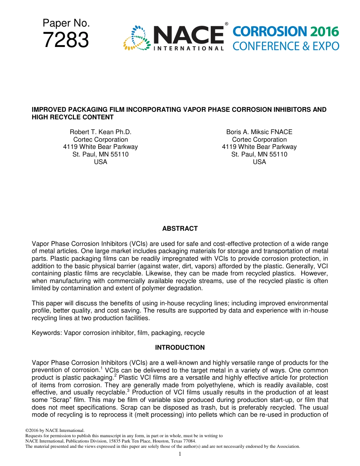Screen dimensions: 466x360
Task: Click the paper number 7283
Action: pyautogui.click(x=66, y=40)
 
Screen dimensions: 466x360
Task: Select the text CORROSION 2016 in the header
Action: pyautogui.click(x=286, y=32)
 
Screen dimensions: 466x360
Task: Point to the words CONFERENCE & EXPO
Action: pyautogui.click(x=286, y=46)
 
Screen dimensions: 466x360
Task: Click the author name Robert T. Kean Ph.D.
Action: pyautogui.click(x=100, y=132)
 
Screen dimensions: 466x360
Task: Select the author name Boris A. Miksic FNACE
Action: pyautogui.click(x=259, y=132)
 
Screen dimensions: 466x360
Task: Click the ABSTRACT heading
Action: pyautogui.click(x=180, y=228)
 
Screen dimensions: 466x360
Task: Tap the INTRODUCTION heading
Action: pyautogui.click(x=180, y=347)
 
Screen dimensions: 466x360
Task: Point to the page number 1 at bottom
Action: pyautogui.click(x=180, y=454)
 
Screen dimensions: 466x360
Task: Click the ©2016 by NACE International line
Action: pyautogui.click(x=55, y=430)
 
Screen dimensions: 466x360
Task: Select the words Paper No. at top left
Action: pyautogui.click(x=66, y=23)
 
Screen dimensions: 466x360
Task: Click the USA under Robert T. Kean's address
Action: pyautogui.click(x=100, y=162)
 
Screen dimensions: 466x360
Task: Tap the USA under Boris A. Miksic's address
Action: pyautogui.click(x=259, y=162)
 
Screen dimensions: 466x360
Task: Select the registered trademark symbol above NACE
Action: pyautogui.click(x=227, y=24)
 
